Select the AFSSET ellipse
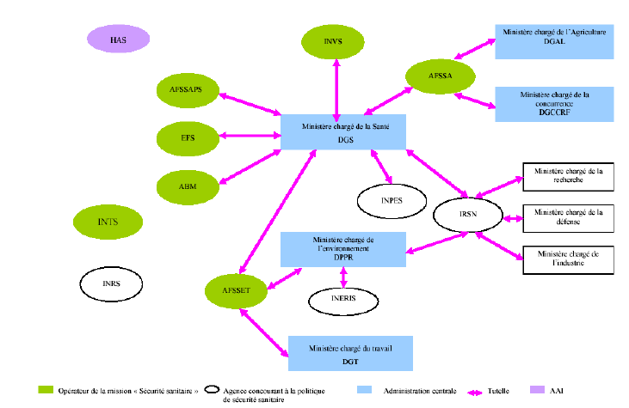click(x=236, y=290)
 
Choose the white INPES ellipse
click(x=392, y=200)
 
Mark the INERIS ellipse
click(x=343, y=299)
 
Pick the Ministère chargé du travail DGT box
click(x=350, y=353)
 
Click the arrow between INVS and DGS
click(x=336, y=88)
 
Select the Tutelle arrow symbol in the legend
click(x=462, y=390)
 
